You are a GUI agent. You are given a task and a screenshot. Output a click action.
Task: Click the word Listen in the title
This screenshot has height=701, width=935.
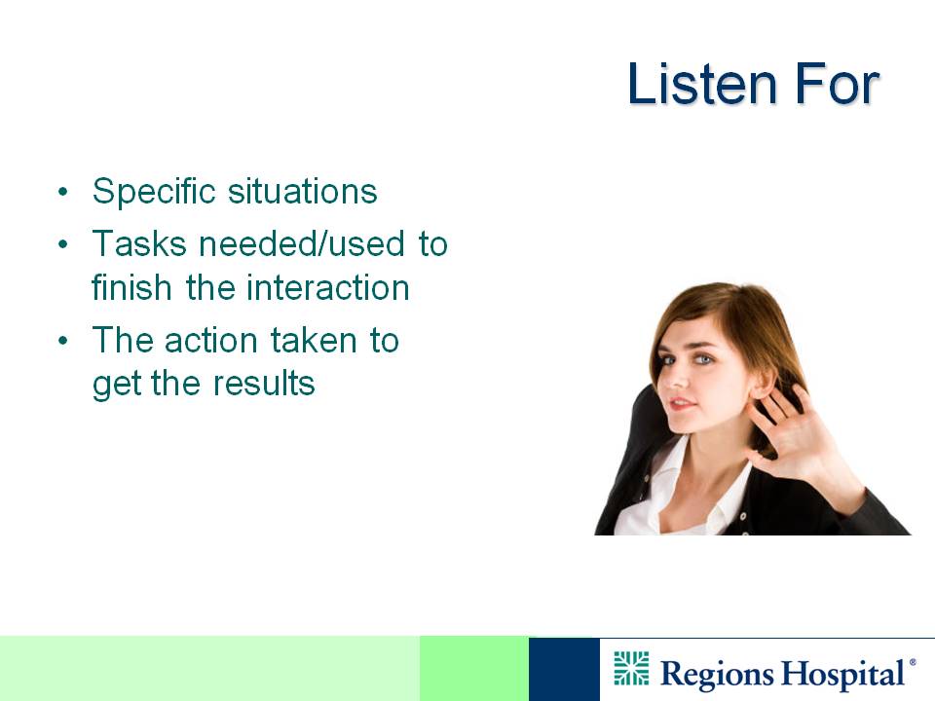pyautogui.click(x=702, y=84)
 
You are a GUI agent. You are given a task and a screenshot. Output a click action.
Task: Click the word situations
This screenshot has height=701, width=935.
pyautogui.click(x=302, y=192)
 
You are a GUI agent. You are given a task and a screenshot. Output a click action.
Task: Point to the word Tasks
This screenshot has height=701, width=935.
pyautogui.click(x=139, y=243)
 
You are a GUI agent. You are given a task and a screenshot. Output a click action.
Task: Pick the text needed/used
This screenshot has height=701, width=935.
pyautogui.click(x=302, y=243)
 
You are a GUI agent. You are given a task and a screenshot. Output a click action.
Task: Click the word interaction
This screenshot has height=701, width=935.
pyautogui.click(x=327, y=287)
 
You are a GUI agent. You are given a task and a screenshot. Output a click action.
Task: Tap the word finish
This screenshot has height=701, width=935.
pyautogui.click(x=131, y=287)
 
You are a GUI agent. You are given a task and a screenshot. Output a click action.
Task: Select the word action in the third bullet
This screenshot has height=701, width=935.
pyautogui.click(x=210, y=341)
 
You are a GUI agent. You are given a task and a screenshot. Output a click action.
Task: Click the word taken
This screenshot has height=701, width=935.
pyautogui.click(x=314, y=340)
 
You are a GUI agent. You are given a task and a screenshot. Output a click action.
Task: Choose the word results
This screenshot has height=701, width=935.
pyautogui.click(x=264, y=383)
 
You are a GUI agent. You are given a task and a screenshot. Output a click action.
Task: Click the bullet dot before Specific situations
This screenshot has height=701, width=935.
pyautogui.click(x=63, y=193)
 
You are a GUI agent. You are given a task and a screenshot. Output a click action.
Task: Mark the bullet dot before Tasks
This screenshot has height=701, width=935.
pyautogui.click(x=63, y=244)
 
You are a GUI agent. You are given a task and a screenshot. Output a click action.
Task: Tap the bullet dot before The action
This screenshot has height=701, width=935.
pyautogui.click(x=63, y=341)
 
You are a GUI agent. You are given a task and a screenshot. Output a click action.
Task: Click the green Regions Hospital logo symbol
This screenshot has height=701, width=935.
pyautogui.click(x=631, y=668)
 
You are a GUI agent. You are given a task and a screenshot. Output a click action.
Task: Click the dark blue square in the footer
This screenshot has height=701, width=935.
pyautogui.click(x=564, y=669)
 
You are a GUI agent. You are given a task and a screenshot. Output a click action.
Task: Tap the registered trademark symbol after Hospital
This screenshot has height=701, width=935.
pyautogui.click(x=913, y=662)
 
